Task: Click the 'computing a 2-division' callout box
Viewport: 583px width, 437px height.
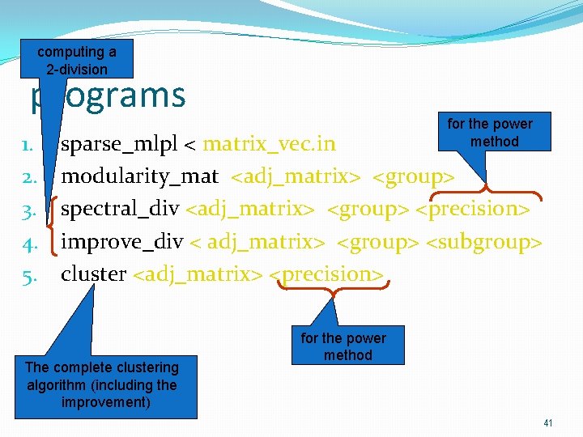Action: [76, 60]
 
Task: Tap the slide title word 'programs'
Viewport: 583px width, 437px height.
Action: [109, 95]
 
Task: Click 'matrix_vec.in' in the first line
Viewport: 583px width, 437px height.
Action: [269, 144]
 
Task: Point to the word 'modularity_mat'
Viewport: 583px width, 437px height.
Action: [139, 176]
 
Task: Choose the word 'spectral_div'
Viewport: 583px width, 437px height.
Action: [120, 209]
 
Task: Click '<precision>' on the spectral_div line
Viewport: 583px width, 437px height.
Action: [473, 209]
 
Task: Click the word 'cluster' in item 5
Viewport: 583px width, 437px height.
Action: [93, 274]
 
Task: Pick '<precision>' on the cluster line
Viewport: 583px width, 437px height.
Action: [327, 274]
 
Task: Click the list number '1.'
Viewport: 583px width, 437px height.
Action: [27, 145]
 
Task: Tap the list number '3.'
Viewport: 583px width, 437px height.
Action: [27, 210]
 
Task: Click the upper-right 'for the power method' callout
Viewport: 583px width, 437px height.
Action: [490, 133]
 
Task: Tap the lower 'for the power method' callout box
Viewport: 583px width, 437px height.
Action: [343, 346]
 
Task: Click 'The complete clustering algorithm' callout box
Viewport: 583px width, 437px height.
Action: [101, 385]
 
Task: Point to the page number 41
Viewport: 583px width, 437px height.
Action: [548, 423]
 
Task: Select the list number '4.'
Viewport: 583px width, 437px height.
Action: [27, 242]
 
